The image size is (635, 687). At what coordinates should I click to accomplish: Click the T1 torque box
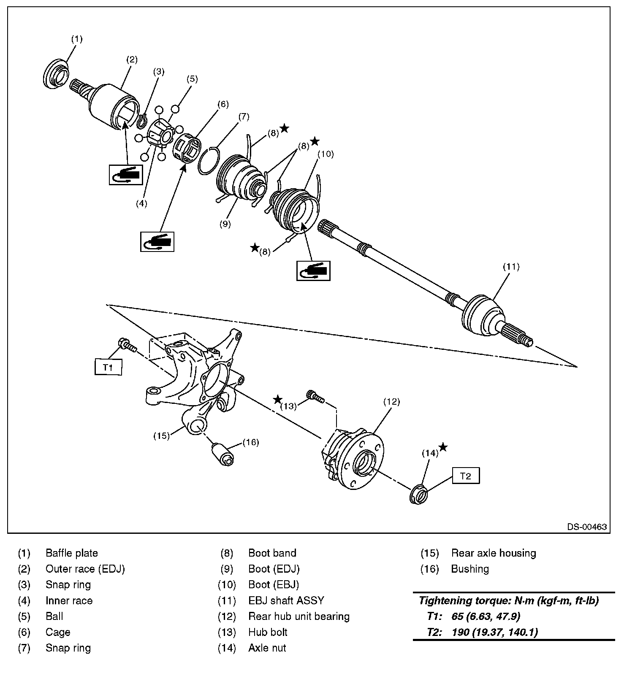[108, 367]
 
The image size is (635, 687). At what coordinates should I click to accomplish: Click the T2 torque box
[465, 476]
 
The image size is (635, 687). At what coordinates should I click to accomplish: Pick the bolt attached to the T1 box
[127, 345]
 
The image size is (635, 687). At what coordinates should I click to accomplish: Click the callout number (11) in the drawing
[511, 267]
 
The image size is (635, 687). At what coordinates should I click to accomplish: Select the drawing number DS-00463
[587, 527]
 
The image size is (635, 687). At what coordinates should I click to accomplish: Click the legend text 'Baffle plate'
[72, 553]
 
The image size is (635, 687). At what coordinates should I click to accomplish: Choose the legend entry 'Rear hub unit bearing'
[299, 616]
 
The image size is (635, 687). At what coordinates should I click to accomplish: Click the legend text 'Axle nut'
[267, 648]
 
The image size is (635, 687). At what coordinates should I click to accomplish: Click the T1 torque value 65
[457, 616]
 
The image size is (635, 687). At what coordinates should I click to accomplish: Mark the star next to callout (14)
[443, 447]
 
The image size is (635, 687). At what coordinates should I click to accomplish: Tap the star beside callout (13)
[277, 399]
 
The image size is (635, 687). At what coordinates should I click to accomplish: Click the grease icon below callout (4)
[125, 174]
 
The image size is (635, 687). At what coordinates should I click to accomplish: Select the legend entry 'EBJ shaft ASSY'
[286, 600]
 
